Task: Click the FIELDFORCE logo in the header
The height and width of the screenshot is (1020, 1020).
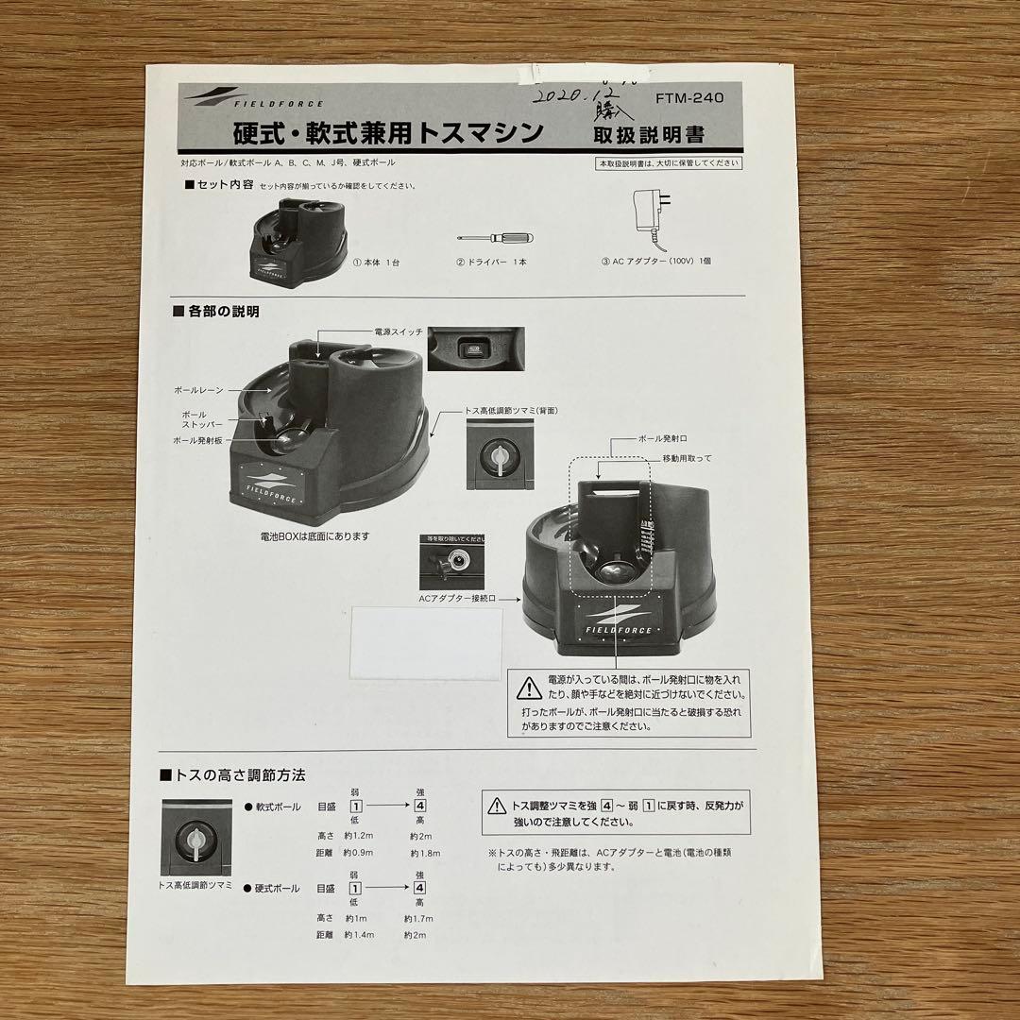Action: (255, 98)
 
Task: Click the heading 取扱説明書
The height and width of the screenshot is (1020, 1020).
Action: (647, 134)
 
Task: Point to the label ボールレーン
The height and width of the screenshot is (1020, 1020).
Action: (198, 389)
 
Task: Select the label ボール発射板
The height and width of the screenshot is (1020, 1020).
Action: (197, 440)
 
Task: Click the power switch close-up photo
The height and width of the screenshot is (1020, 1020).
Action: (475, 348)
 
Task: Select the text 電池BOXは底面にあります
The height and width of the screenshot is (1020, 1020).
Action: (314, 535)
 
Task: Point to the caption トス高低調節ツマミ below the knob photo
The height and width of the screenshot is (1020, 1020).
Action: (195, 885)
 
